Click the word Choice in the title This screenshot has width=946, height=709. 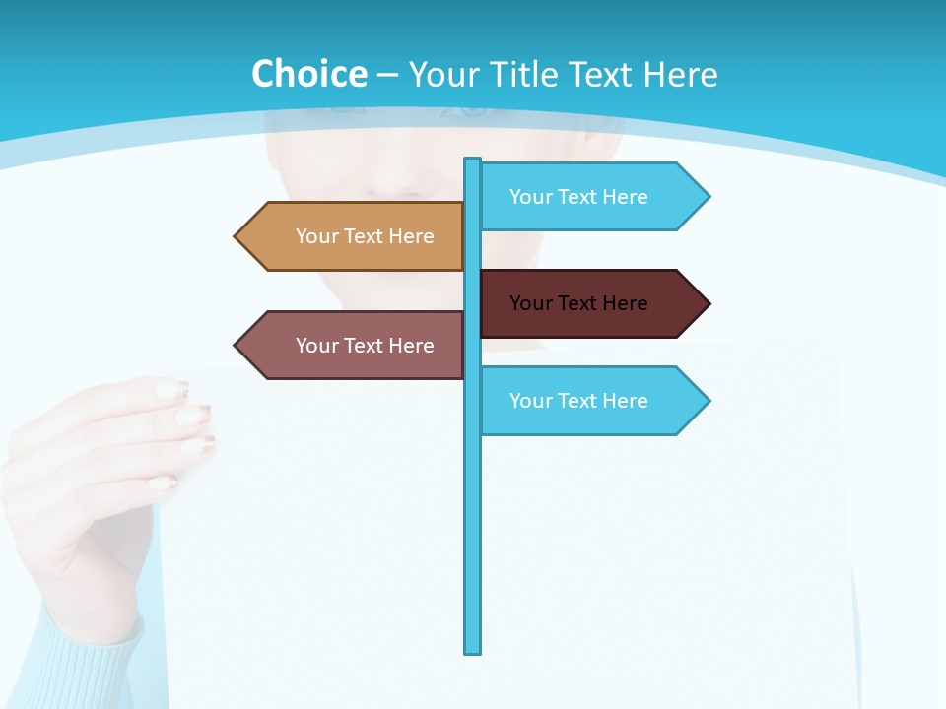tap(308, 74)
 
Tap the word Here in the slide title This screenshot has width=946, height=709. tap(680, 74)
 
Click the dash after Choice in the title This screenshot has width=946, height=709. tap(387, 75)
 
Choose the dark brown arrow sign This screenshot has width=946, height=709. tap(591, 303)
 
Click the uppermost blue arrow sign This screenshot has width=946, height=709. tap(591, 197)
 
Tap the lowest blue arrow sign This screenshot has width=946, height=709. tap(591, 401)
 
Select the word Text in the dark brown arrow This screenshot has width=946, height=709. tap(578, 303)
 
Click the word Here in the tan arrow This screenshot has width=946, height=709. tap(411, 236)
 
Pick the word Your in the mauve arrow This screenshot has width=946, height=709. tap(316, 346)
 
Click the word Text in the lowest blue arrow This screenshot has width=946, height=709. tap(578, 401)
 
